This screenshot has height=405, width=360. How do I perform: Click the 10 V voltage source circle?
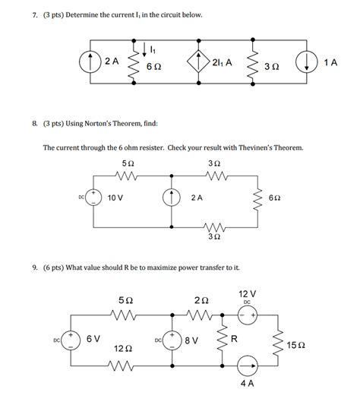point(94,198)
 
